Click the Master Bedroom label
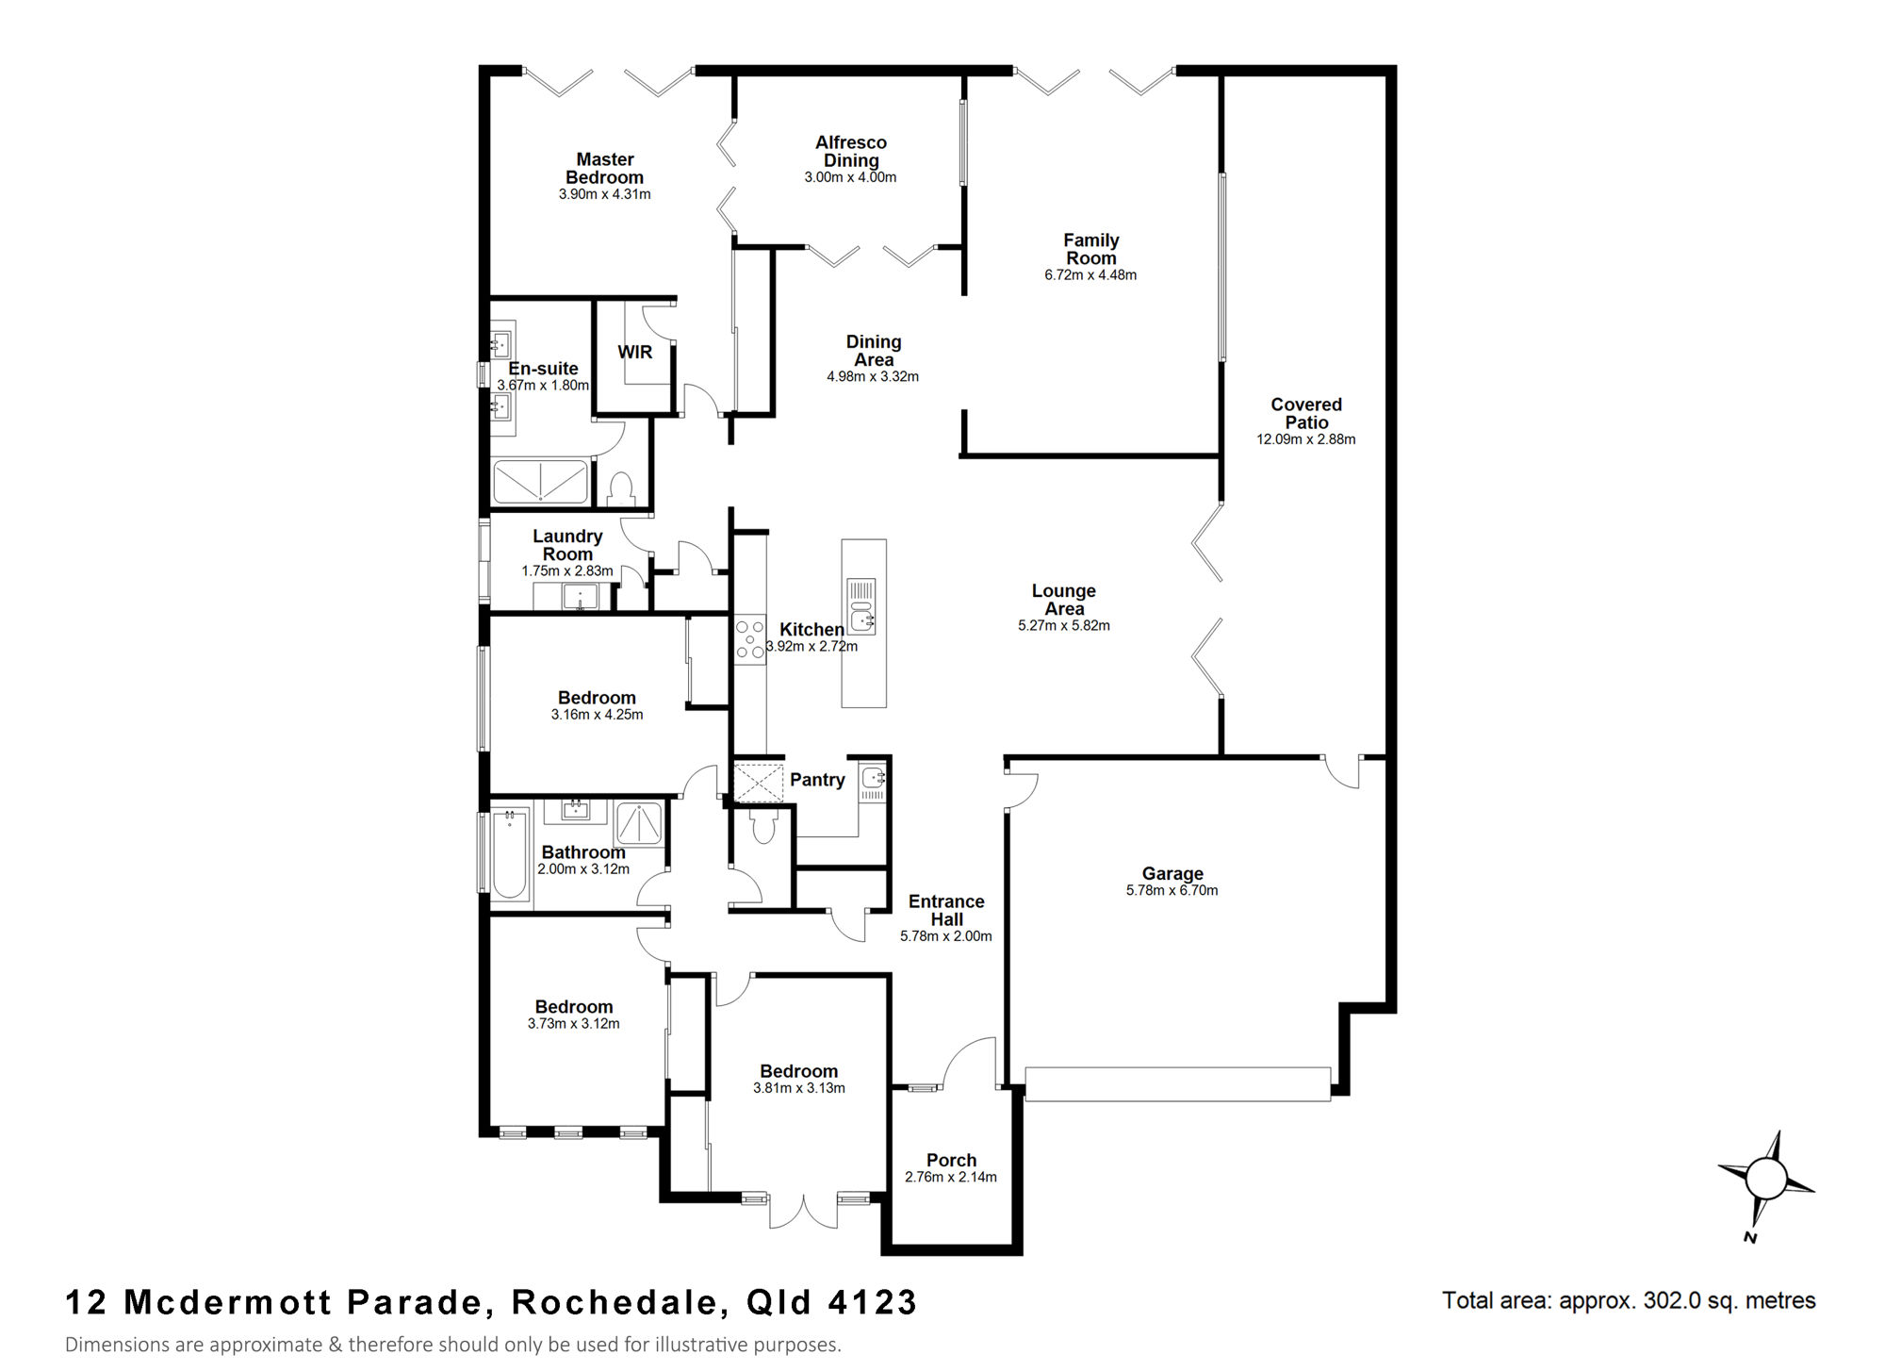tap(604, 169)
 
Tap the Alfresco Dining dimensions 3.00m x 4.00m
tap(850, 177)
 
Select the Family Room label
tap(1090, 249)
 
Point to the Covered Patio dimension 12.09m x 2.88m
tap(1305, 439)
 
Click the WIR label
tap(634, 352)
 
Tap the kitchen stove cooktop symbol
tap(750, 639)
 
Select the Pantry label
tap(817, 780)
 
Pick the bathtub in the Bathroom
tap(510, 853)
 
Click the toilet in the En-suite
tap(620, 488)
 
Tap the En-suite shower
tap(540, 482)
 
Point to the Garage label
tap(1172, 874)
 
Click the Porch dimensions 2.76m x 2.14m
tap(950, 1177)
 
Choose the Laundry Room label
tap(567, 545)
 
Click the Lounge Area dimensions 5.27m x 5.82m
tap(1063, 625)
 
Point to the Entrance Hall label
tap(946, 910)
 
